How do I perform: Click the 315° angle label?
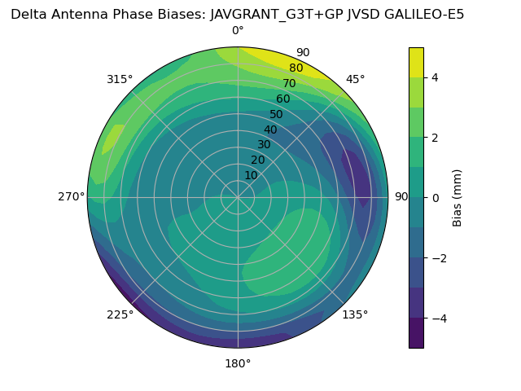(x=120, y=79)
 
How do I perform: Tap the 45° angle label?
(x=356, y=79)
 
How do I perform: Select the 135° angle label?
(x=355, y=314)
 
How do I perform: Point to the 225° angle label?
(x=120, y=314)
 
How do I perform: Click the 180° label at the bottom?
(x=238, y=363)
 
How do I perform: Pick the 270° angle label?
(x=72, y=196)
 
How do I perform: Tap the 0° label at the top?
(x=238, y=31)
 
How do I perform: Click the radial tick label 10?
(x=251, y=175)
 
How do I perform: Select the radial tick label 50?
(x=276, y=114)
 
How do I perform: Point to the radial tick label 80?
(x=296, y=68)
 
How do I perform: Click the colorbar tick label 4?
(x=436, y=77)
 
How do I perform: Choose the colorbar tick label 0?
(x=436, y=198)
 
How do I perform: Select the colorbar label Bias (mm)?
(x=458, y=198)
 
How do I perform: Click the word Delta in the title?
(x=28, y=14)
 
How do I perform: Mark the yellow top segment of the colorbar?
(x=416, y=62)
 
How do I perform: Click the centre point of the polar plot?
(x=238, y=197)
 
